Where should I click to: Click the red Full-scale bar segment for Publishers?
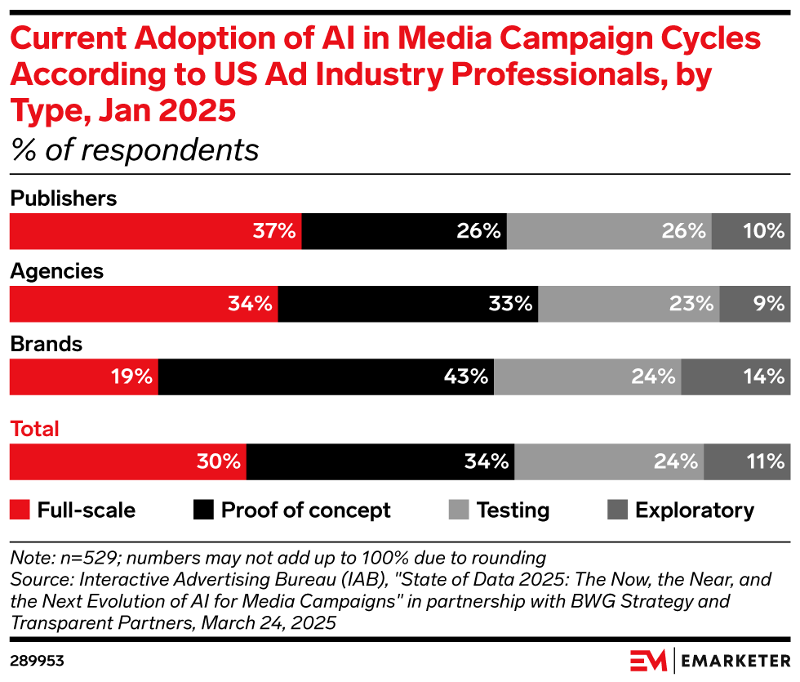click(x=155, y=231)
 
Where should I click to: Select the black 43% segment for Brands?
click(x=326, y=377)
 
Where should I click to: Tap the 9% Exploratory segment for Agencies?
click(x=755, y=304)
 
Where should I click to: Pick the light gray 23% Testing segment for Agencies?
click(x=629, y=304)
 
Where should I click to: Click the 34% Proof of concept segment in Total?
click(x=380, y=461)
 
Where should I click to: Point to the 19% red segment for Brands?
click(x=83, y=377)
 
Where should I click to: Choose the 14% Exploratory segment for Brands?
click(x=736, y=377)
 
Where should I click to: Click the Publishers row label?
click(x=63, y=198)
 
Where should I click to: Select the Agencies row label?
click(x=56, y=271)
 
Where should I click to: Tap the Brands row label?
click(x=46, y=344)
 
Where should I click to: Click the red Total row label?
click(x=34, y=429)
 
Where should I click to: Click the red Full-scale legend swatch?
click(x=20, y=510)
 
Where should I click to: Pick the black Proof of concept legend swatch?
click(x=203, y=510)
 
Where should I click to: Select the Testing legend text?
click(x=513, y=510)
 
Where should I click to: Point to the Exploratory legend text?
click(x=694, y=510)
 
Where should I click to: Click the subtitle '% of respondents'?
click(x=135, y=150)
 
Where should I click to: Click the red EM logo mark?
click(x=649, y=659)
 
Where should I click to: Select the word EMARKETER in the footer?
click(x=735, y=659)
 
